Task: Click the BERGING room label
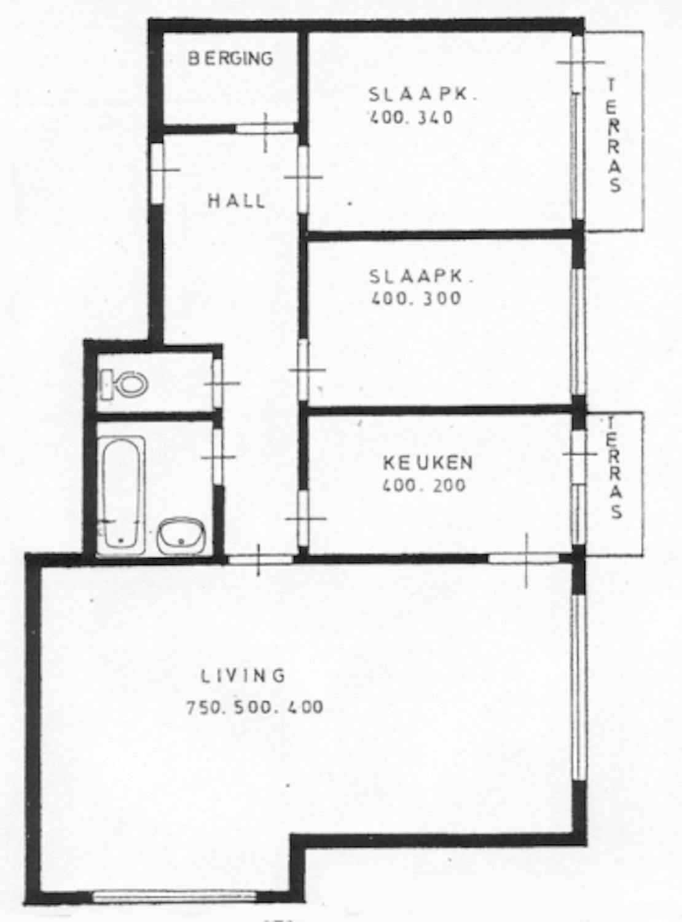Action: coord(230,58)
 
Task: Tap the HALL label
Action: coord(237,202)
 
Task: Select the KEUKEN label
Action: coord(428,463)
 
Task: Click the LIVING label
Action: coord(243,676)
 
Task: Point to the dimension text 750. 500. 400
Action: coord(255,707)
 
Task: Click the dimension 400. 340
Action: coord(411,118)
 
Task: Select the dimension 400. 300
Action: coord(416,298)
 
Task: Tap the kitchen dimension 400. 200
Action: coord(424,485)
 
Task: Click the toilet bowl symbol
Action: coord(125,383)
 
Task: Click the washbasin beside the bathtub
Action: coord(181,536)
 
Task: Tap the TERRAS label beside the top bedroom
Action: coord(614,136)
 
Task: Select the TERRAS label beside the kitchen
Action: coord(615,468)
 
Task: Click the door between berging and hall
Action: coord(265,128)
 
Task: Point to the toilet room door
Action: coord(218,383)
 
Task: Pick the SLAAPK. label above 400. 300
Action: coord(421,276)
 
